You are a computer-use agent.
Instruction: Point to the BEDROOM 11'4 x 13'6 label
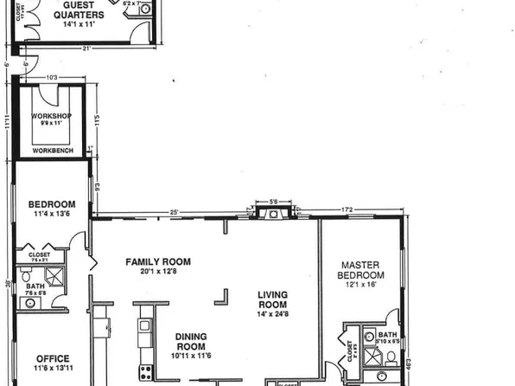tap(52, 209)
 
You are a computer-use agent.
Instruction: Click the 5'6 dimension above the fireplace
tap(273, 202)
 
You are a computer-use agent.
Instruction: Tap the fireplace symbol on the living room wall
tap(273, 216)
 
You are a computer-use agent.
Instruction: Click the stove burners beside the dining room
tap(145, 373)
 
